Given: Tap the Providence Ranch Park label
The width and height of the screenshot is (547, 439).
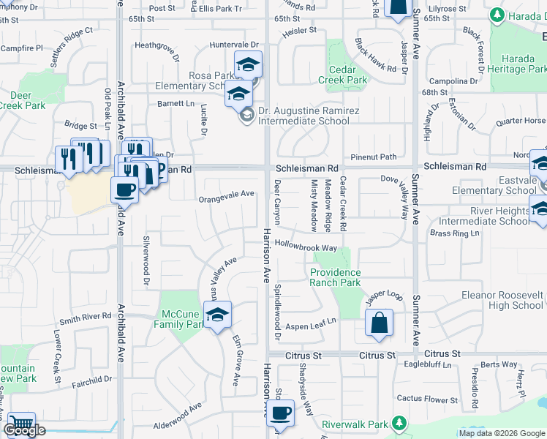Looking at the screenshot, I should pos(335,277).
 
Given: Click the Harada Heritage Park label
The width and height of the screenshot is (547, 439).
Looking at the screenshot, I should pos(518,64).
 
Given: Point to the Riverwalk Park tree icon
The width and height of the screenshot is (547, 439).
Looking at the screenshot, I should pos(399,423).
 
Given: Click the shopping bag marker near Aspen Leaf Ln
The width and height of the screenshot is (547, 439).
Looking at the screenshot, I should pos(380,323).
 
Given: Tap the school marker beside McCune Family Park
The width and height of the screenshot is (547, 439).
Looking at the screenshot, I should pos(217,315).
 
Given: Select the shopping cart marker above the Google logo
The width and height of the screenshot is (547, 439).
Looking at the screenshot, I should pos(20,423).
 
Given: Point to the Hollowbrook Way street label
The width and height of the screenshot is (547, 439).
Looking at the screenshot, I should pos(306,248).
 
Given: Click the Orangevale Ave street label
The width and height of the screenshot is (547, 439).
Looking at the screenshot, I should pos(227,194).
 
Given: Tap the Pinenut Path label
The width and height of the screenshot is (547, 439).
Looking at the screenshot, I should pos(373,157).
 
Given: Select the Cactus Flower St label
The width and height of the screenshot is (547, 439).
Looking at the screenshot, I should pos(427,399).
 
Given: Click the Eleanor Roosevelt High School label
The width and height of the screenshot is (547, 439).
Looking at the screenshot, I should pos(502,300).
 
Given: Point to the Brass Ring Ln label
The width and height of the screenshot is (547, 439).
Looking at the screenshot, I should pos(454,233).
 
